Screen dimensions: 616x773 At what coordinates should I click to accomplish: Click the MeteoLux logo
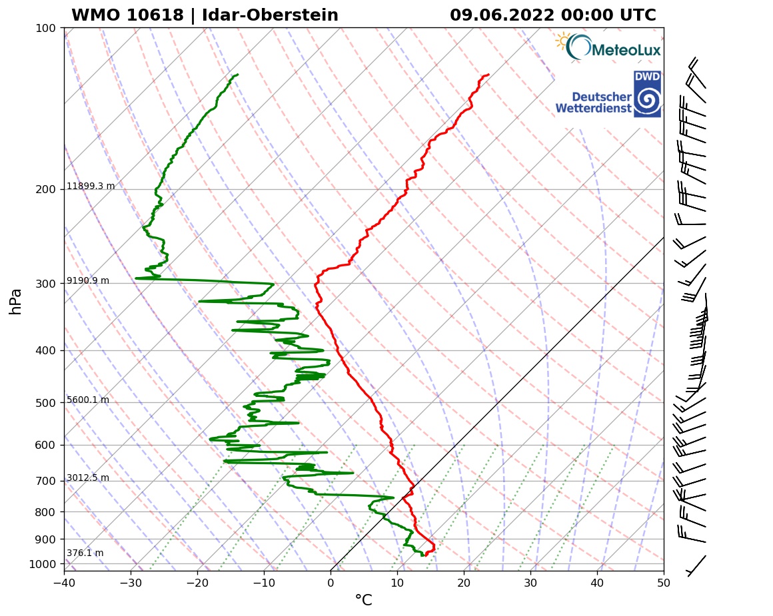[608, 47]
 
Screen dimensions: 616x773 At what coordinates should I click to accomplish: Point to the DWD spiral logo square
[647, 94]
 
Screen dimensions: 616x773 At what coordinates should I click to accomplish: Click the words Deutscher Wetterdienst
[593, 102]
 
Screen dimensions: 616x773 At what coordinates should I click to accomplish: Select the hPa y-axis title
[16, 301]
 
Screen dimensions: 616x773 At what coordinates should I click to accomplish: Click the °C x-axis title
[363, 601]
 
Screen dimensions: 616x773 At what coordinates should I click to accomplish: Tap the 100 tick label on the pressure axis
[45, 28]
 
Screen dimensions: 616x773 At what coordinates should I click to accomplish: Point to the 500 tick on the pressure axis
[45, 403]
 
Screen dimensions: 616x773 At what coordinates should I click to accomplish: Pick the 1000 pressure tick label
[42, 564]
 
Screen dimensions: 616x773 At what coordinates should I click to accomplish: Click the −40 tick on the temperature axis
[64, 581]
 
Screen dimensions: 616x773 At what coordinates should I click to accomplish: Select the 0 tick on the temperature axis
[331, 581]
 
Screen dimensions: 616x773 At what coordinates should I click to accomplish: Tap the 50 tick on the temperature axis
[663, 581]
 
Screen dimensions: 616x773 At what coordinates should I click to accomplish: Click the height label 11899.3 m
[91, 186]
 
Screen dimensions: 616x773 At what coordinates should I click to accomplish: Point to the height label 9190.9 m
[87, 281]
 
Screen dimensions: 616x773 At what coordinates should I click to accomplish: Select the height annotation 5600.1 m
[87, 400]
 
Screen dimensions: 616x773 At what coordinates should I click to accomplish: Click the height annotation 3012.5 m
[87, 478]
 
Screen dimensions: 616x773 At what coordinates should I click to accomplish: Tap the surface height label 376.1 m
[85, 553]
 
